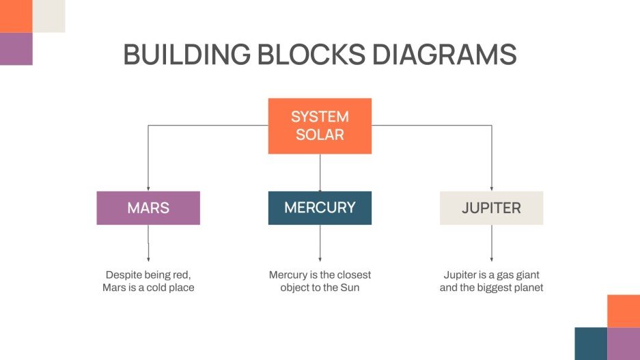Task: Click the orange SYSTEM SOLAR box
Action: click(x=320, y=126)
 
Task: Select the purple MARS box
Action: click(x=148, y=208)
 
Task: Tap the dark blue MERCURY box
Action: click(x=320, y=208)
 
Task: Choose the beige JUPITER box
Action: click(x=491, y=208)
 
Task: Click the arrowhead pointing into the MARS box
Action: click(x=148, y=189)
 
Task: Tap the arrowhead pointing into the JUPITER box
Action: click(x=491, y=189)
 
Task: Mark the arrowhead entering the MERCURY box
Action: click(x=320, y=189)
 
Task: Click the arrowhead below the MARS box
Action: click(x=148, y=259)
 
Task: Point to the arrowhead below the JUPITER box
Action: click(x=491, y=259)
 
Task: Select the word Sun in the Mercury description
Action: click(x=350, y=288)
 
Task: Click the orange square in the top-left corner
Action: click(x=16, y=16)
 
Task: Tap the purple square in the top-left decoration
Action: click(x=16, y=49)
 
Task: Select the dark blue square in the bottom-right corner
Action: click(x=591, y=344)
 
